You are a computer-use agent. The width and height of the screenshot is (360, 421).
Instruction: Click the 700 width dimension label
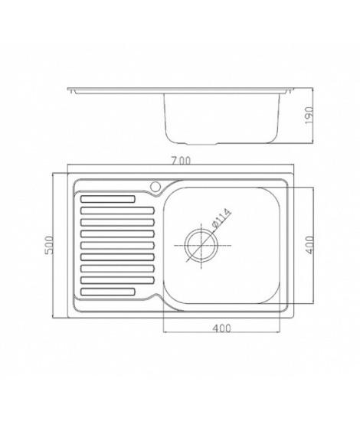click(181, 161)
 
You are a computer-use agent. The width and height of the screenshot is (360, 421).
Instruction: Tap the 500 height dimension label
click(51, 245)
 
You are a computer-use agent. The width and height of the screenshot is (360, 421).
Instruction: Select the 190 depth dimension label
click(309, 116)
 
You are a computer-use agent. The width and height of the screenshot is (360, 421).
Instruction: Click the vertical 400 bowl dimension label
click(309, 245)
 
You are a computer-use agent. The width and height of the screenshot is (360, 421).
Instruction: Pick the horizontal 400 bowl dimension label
click(221, 328)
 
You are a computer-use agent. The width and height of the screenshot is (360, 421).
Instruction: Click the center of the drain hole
click(201, 246)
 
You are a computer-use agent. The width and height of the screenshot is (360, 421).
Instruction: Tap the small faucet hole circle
click(155, 186)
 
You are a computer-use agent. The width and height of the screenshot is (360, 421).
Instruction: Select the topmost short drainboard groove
click(108, 199)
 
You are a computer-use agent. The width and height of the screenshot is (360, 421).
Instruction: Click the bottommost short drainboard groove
click(107, 292)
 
